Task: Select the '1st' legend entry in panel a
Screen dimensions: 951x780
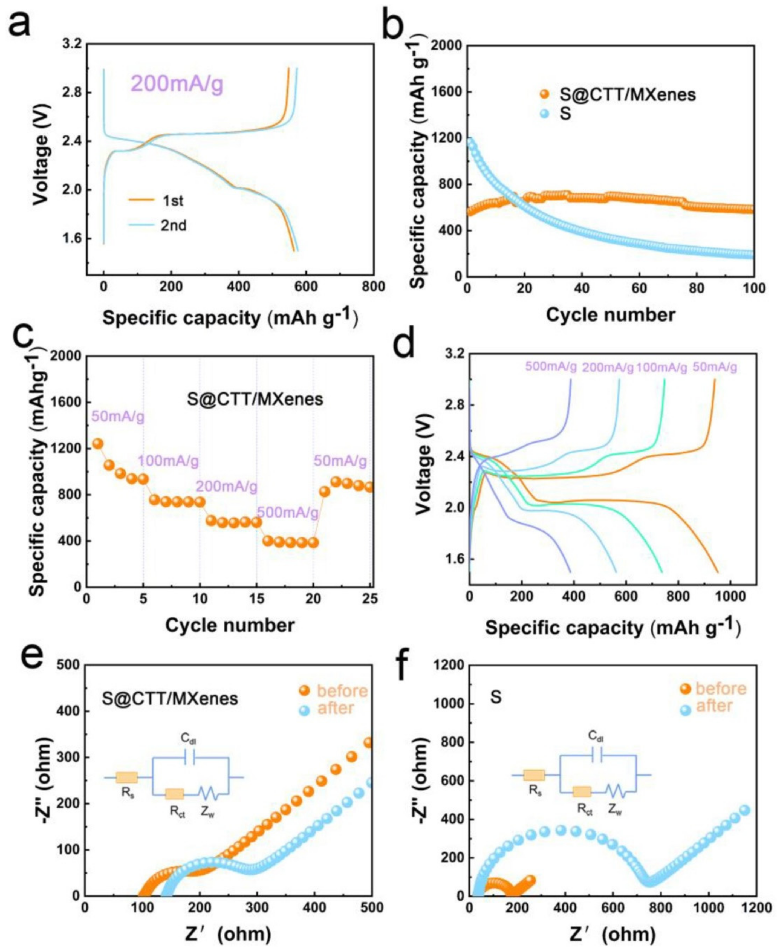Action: [172, 201]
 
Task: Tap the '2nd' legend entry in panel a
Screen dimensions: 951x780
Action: [174, 225]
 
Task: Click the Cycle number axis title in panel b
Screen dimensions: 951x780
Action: [610, 315]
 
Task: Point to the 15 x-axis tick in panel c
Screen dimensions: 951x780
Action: [256, 599]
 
